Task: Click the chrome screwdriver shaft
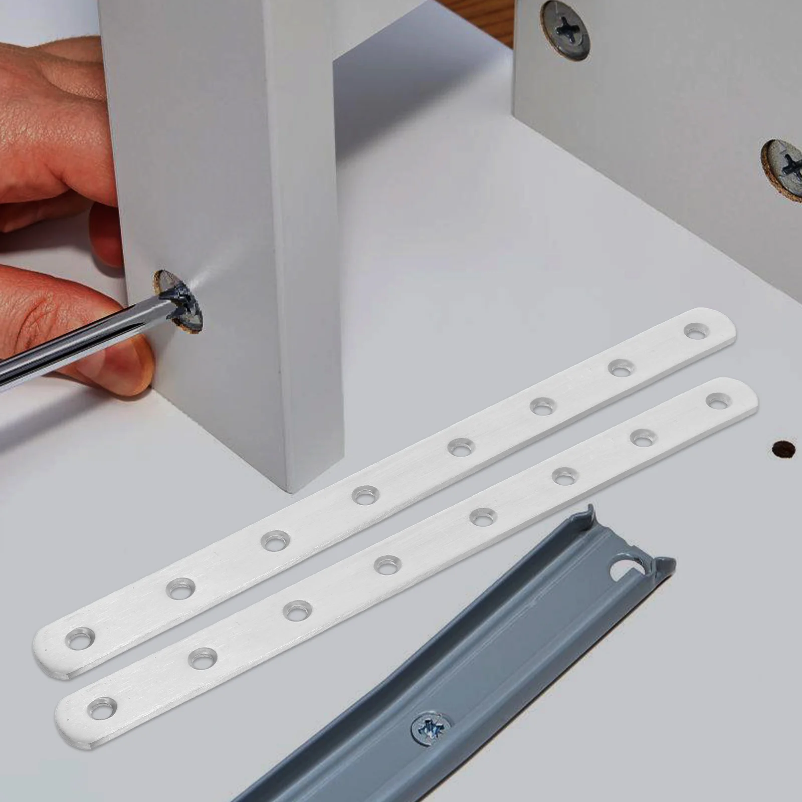75,346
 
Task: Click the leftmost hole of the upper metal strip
80,640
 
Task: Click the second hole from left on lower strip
203,657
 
